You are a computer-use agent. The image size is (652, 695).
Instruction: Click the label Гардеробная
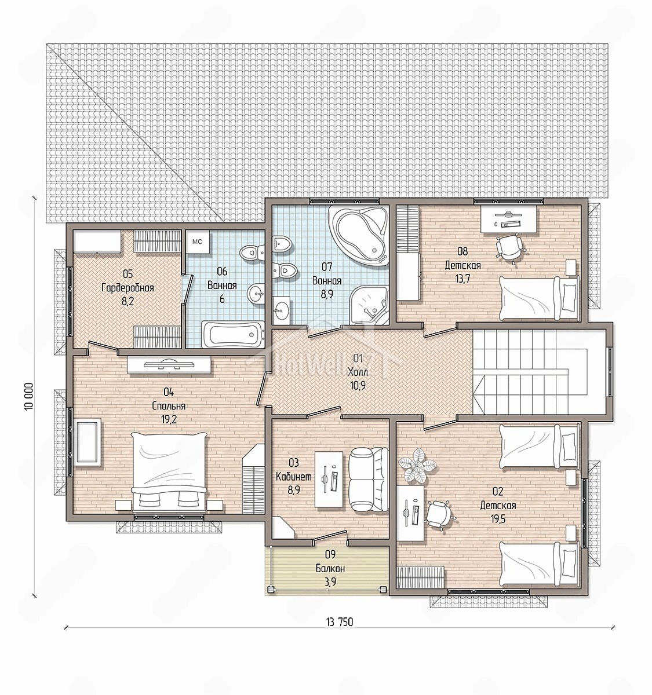[x=128, y=288]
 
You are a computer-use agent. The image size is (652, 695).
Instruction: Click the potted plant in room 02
[x=417, y=466]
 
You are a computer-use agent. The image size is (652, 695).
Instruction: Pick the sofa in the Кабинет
[x=368, y=479]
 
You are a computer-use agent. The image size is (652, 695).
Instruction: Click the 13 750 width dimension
[x=340, y=622]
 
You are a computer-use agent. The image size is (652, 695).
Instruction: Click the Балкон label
[x=330, y=568]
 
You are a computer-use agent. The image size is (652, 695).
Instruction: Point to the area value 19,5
[x=497, y=518]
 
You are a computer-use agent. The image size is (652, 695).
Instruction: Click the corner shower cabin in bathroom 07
[x=370, y=305]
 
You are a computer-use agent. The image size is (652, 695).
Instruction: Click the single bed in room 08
[x=538, y=298]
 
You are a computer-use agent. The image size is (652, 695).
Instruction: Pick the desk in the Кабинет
[x=329, y=479]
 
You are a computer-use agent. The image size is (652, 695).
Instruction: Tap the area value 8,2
[x=128, y=301]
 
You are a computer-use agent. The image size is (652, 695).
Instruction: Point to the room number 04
[x=169, y=392]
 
